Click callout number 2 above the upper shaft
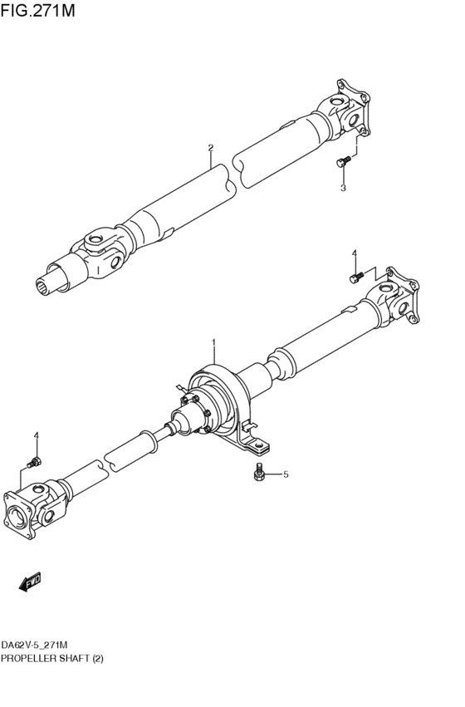tap(211, 148)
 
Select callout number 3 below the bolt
tap(343, 188)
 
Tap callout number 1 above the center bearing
tap(213, 342)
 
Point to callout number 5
tap(286, 474)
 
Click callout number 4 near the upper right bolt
tap(354, 253)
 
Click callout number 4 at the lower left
tap(36, 435)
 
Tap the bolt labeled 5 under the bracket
tap(259, 474)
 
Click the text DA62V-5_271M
tap(34, 645)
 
